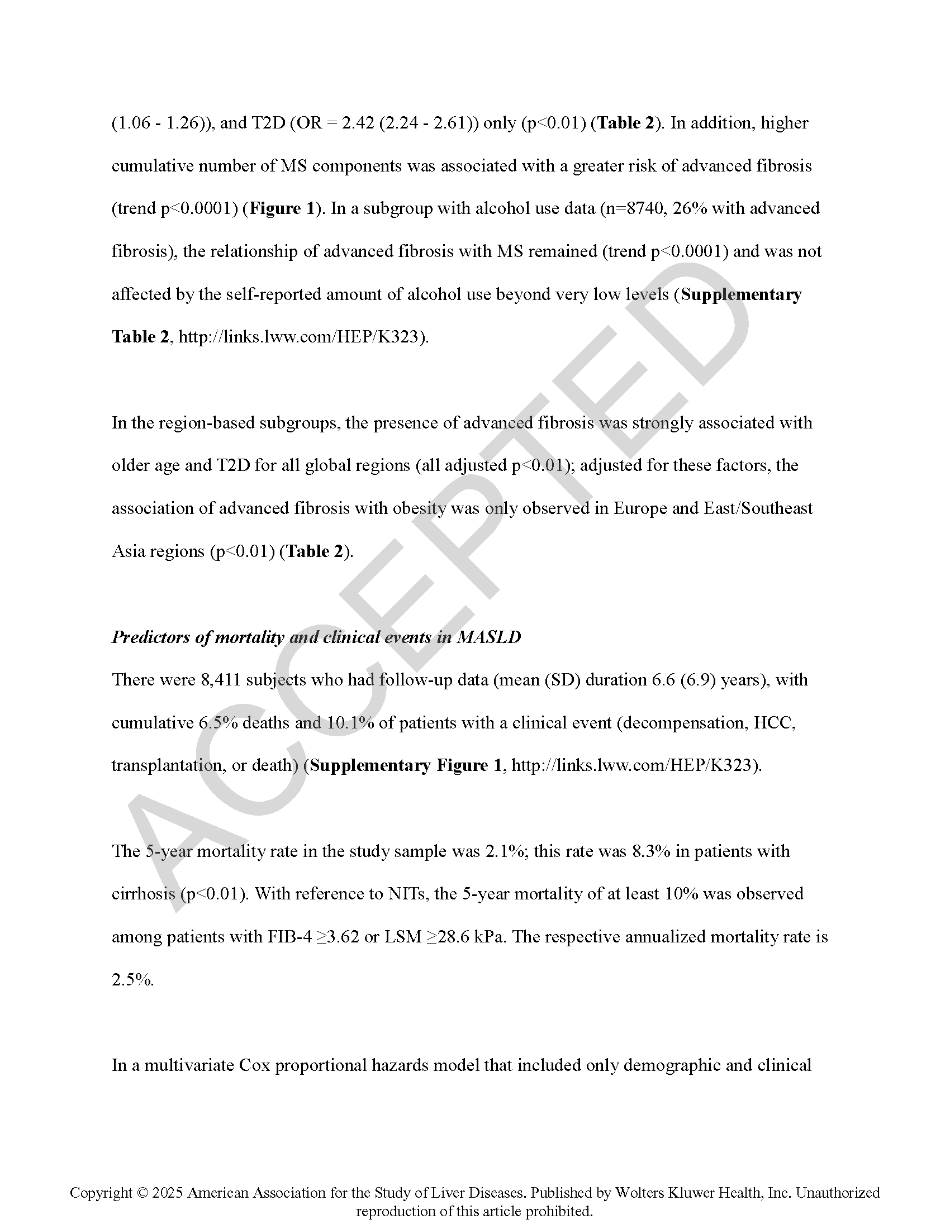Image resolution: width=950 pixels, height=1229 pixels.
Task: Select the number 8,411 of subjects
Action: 221,679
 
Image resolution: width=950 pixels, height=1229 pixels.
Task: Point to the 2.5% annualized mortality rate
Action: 132,980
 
